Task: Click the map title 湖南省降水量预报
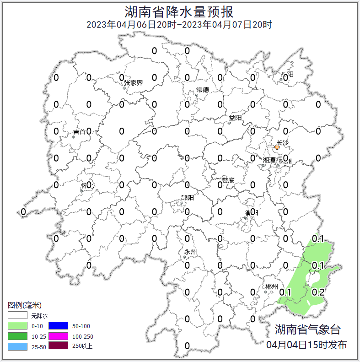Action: [x=179, y=11]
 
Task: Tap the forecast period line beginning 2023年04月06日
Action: [x=179, y=24]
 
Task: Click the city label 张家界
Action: [x=133, y=83]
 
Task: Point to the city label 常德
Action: [x=202, y=90]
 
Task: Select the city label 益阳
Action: [x=235, y=118]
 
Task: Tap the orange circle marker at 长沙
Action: [x=277, y=147]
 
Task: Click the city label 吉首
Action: [x=79, y=132]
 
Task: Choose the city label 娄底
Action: [x=228, y=180]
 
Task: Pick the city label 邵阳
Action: [x=187, y=198]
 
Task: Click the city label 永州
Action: [x=190, y=252]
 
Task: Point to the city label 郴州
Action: [x=271, y=287]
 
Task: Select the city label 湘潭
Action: [x=269, y=160]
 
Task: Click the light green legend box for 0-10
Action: [x=18, y=325]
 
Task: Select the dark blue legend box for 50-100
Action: [x=58, y=325]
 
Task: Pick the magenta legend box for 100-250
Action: [x=58, y=336]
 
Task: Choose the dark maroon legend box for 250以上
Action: [x=58, y=346]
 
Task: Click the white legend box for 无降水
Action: [x=18, y=315]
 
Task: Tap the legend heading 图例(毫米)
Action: [x=25, y=305]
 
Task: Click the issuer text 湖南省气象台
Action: [x=307, y=330]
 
